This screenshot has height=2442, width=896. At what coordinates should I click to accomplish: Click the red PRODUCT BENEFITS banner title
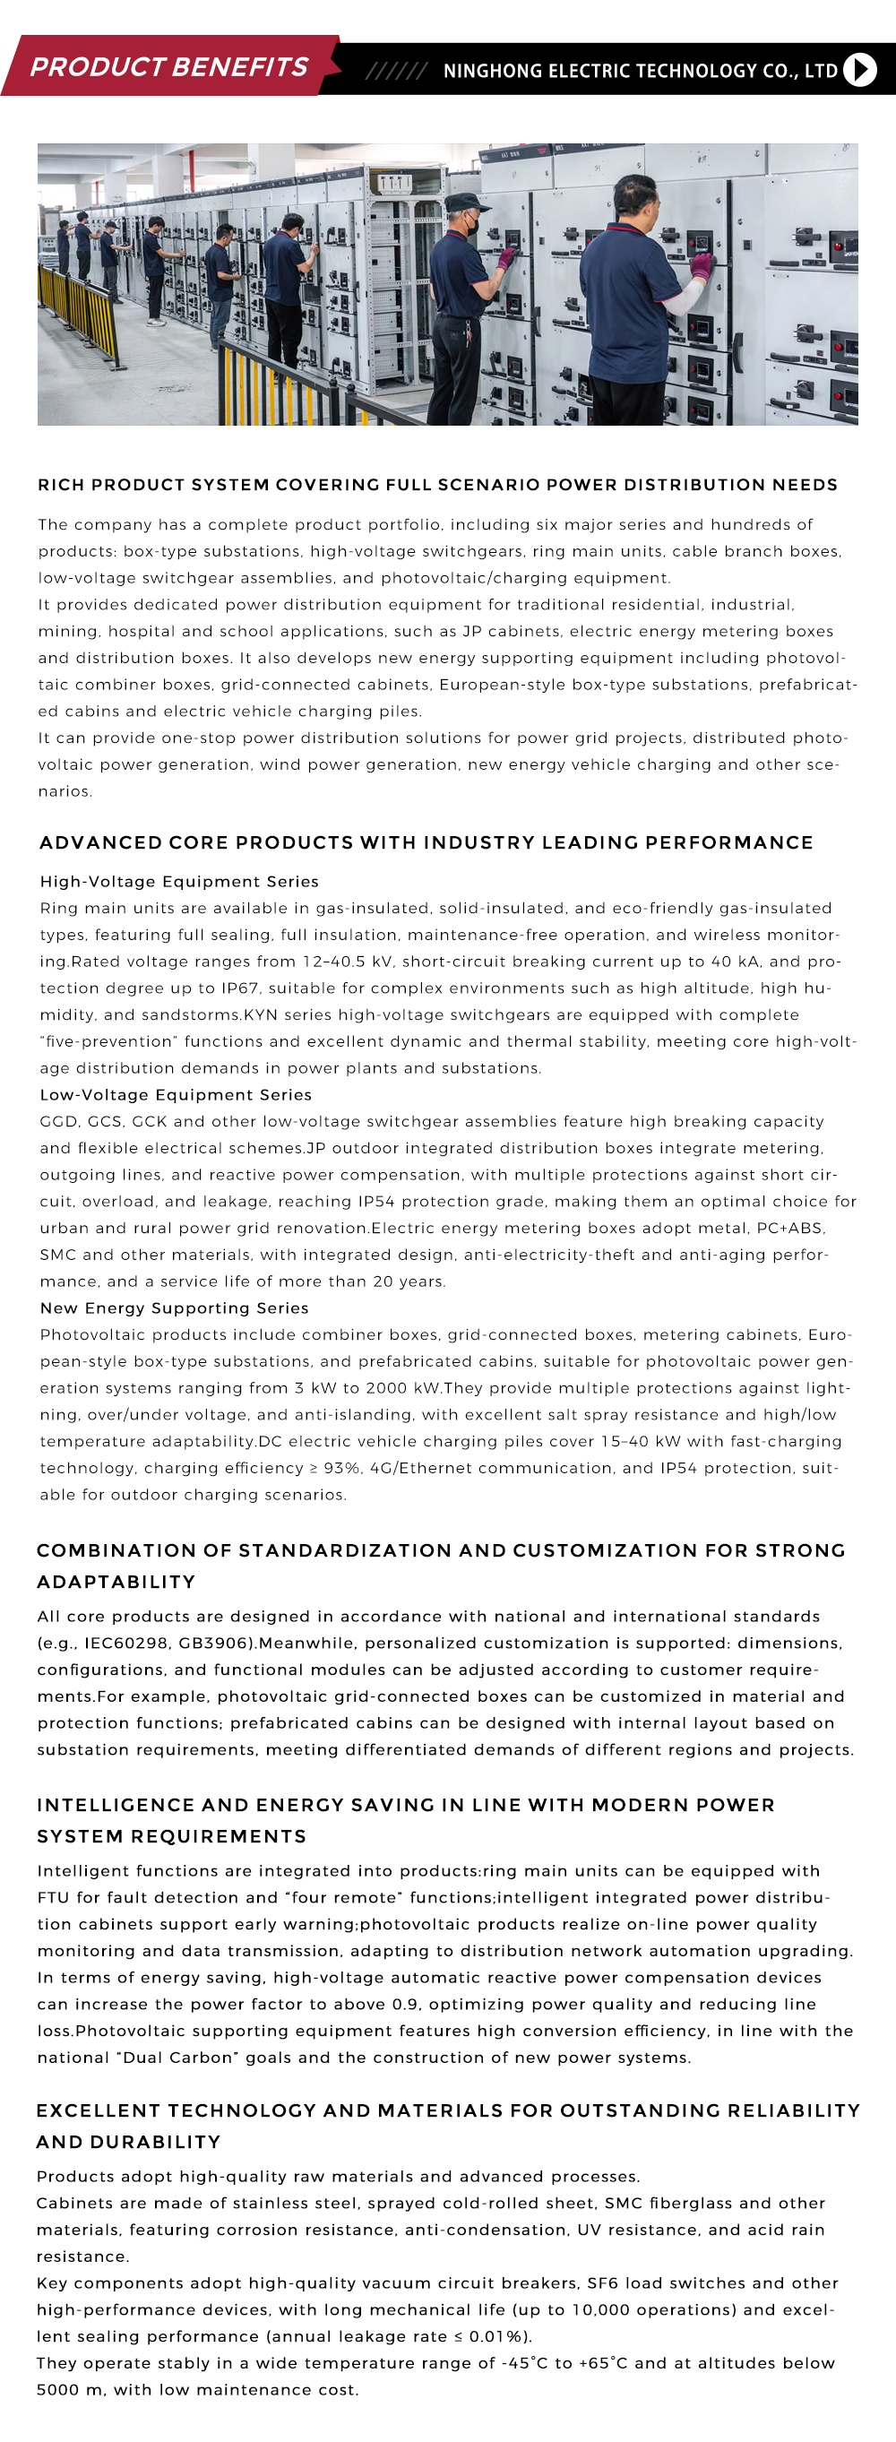click(x=168, y=66)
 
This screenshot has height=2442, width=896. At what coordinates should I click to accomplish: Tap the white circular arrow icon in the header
click(x=860, y=69)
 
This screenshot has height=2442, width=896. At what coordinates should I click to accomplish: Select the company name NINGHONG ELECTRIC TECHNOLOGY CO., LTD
click(x=640, y=70)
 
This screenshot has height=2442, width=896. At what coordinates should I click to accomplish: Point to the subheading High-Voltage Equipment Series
click(x=179, y=882)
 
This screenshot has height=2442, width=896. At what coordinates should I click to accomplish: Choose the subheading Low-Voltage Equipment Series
click(x=176, y=1095)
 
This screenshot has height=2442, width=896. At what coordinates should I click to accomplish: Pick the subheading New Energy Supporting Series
click(x=175, y=1308)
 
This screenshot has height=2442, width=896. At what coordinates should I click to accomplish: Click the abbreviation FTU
click(x=55, y=1898)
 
